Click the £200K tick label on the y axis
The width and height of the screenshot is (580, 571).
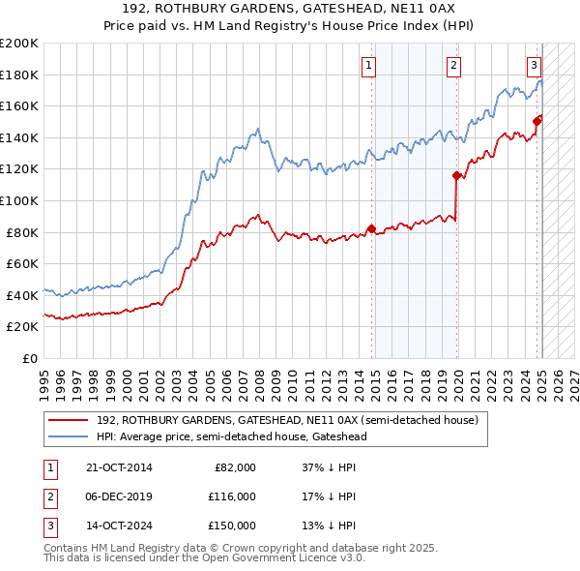(x=19, y=44)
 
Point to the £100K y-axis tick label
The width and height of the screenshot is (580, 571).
(x=19, y=201)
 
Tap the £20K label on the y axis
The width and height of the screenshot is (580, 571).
(x=22, y=327)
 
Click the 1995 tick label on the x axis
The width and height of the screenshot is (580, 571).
(x=43, y=376)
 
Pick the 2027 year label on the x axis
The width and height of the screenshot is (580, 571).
(x=572, y=376)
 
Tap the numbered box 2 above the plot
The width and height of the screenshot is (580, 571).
(x=453, y=66)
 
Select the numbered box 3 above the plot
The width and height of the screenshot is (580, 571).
(x=534, y=66)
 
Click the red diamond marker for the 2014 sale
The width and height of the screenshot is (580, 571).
(x=371, y=228)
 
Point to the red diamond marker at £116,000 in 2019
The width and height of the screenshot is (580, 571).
(x=456, y=175)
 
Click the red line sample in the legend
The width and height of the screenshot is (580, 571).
(x=70, y=421)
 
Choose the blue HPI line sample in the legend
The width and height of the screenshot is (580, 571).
(x=70, y=436)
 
